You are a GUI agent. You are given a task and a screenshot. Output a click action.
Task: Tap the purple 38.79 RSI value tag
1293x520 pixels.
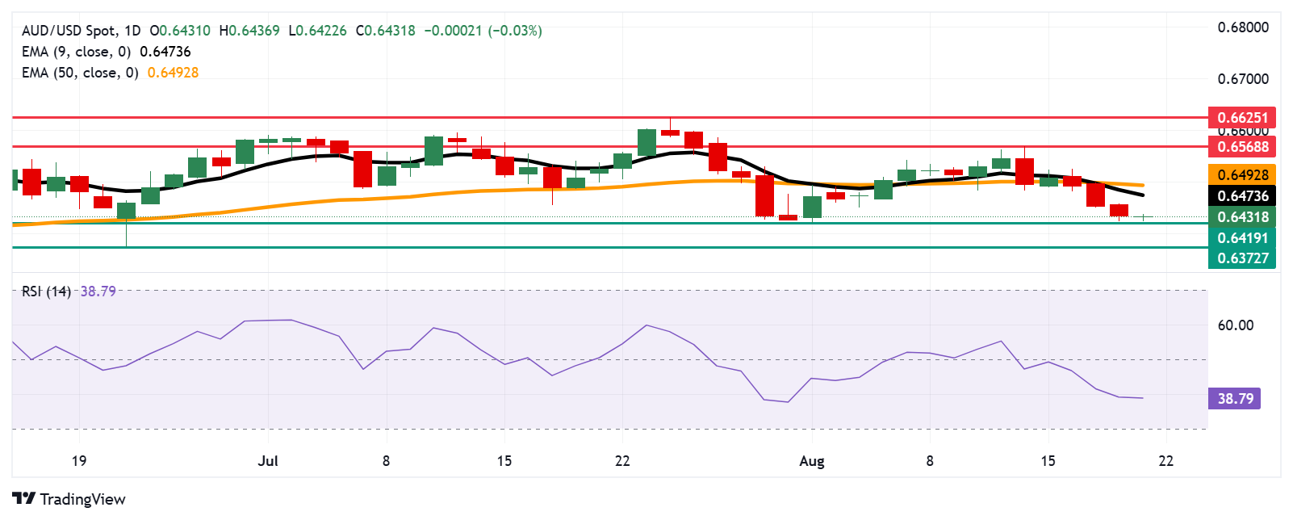tap(1235, 398)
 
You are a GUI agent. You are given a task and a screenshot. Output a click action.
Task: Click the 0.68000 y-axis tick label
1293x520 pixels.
tap(1243, 27)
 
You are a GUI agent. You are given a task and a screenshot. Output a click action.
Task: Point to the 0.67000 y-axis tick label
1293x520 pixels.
tap(1243, 79)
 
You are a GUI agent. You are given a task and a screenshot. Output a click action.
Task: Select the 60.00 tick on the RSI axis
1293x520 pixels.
tap(1235, 325)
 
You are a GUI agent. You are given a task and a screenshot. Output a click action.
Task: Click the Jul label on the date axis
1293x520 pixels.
tap(268, 461)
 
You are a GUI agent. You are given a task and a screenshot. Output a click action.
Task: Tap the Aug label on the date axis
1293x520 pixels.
tap(811, 461)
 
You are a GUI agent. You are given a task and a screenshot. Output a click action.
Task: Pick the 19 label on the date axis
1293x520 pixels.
tap(78, 461)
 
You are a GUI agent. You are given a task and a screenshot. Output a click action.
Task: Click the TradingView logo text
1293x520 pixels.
tap(82, 499)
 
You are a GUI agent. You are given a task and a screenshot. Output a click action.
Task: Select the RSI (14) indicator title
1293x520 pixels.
tap(46, 291)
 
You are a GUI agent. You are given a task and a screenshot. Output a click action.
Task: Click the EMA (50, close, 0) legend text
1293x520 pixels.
tap(80, 73)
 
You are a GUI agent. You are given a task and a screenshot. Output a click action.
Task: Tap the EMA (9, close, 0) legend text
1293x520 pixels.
tap(76, 52)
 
